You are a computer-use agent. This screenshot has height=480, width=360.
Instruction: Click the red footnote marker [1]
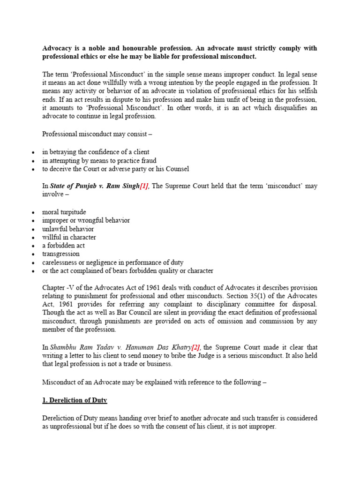145,186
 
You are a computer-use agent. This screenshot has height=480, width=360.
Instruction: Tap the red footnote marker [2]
195,347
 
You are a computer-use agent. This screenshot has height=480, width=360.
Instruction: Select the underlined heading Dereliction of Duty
75,400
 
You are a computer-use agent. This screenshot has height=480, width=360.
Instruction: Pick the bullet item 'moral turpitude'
64,212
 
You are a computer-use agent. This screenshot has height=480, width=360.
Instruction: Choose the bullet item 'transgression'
61,254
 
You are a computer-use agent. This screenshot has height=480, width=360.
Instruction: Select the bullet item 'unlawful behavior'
68,229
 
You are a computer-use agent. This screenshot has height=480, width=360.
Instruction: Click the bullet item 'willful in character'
69,237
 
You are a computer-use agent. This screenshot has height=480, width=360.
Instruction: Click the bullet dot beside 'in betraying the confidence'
33,153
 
